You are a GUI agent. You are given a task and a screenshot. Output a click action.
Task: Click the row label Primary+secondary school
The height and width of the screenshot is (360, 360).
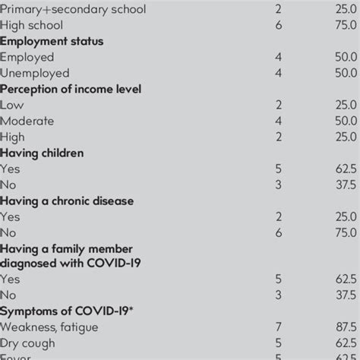coord(73,10)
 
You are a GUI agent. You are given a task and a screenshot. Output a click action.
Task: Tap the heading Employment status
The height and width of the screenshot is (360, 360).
coord(52,41)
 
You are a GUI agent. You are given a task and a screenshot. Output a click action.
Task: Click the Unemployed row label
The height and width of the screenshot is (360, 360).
coord(35,73)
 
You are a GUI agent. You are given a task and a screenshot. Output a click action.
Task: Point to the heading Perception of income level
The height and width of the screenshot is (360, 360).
coord(71,89)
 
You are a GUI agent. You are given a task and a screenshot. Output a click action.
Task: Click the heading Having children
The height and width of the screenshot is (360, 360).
coord(42,153)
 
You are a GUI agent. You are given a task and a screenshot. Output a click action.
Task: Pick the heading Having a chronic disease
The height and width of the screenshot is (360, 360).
coord(67,201)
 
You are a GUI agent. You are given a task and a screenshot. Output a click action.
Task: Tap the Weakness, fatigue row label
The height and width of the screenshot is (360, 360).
coord(49,327)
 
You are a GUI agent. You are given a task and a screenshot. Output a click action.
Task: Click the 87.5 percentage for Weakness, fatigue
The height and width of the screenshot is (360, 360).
coord(344,327)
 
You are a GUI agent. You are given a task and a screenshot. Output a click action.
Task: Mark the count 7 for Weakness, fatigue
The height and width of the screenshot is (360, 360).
coord(277,327)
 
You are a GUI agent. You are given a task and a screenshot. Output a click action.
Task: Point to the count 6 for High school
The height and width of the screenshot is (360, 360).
coord(277,26)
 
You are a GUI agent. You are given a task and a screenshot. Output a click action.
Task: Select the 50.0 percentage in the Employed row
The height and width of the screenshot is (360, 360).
coord(344,57)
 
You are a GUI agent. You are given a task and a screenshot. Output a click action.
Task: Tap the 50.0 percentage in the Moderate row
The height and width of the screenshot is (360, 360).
coord(344,121)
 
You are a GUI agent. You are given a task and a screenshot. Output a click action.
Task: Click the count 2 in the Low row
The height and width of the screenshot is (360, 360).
coord(277,105)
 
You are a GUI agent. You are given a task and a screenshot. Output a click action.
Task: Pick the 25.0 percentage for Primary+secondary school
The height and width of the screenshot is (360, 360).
coord(344,10)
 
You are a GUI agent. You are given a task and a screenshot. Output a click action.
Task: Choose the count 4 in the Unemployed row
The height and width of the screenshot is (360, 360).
coord(277,73)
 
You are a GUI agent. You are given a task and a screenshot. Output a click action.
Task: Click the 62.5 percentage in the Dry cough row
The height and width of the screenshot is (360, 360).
coord(344,343)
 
